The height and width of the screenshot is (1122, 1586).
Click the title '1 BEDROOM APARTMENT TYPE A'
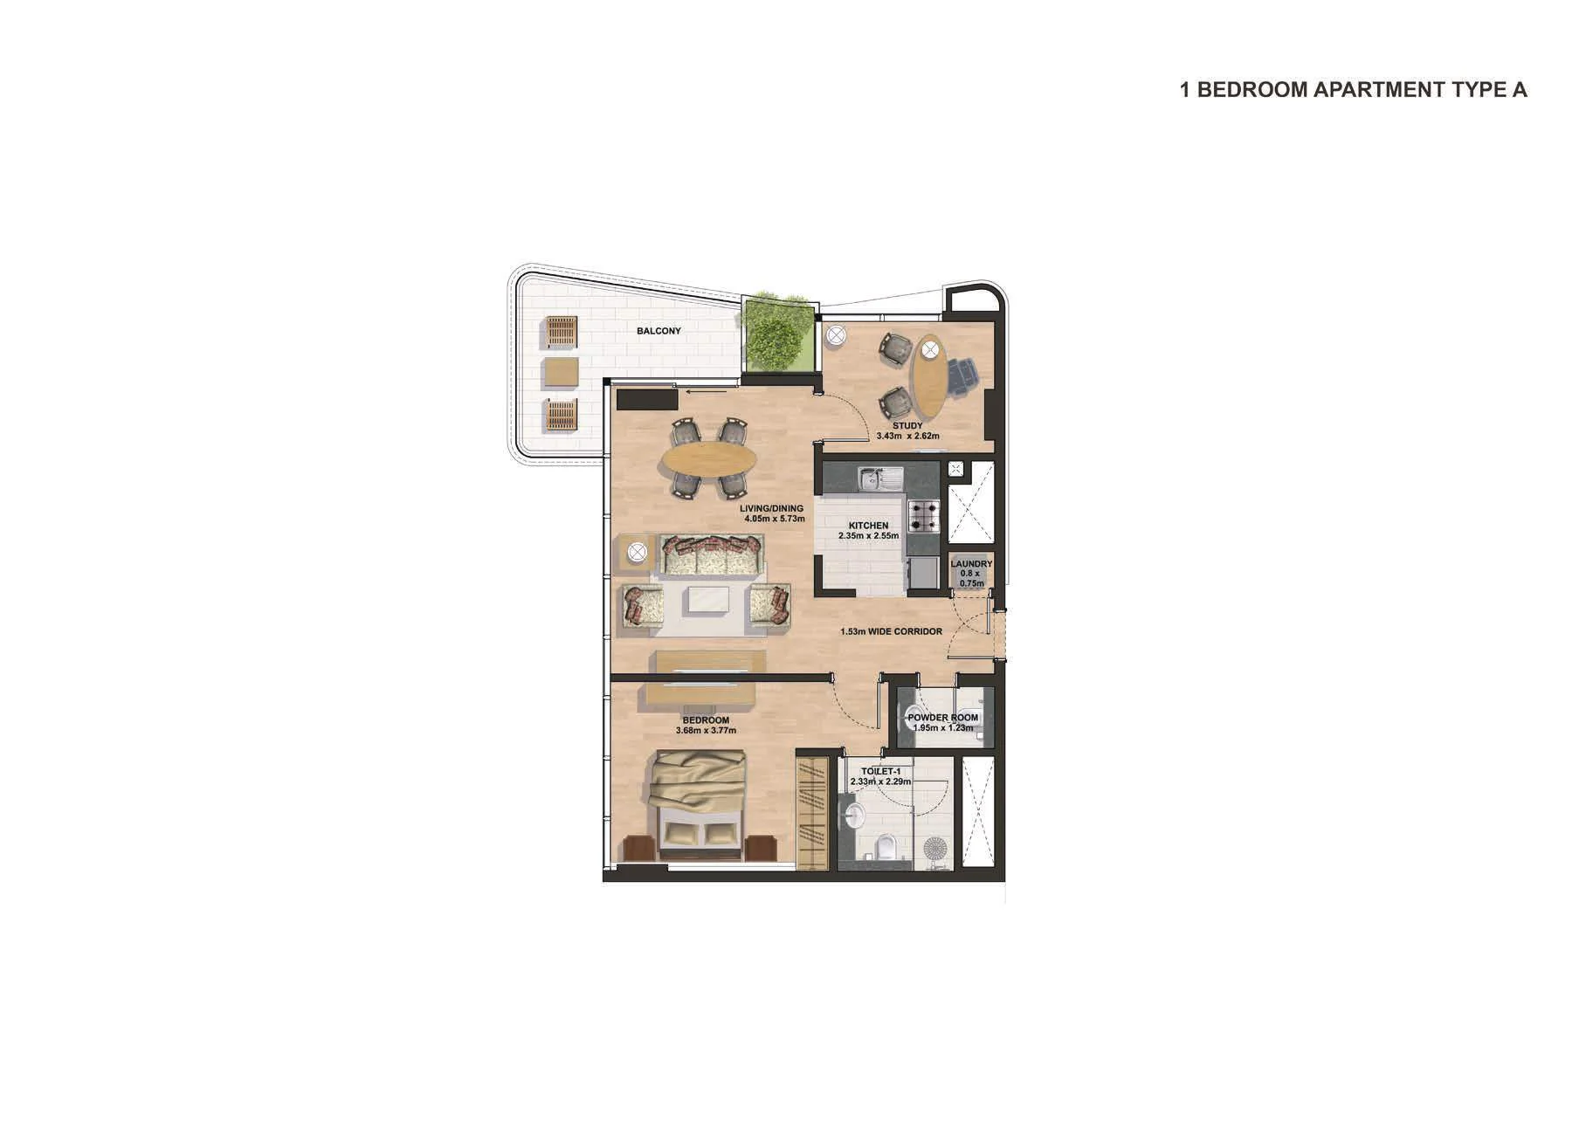1353,90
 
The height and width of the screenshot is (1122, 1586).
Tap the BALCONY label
659,331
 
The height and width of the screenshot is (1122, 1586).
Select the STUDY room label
907,426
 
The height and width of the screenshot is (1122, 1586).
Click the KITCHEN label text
868,527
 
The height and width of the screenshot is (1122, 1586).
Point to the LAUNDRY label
971,564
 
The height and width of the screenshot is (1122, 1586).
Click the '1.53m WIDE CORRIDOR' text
891,631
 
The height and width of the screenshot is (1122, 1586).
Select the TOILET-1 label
880,772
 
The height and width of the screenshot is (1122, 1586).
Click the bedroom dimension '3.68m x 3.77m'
706,731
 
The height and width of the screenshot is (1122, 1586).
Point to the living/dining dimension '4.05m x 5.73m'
774,519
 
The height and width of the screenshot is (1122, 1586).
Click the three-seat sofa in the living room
710,555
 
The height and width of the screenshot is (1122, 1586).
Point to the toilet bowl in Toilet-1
886,847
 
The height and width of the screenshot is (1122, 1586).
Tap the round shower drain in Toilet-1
935,848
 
